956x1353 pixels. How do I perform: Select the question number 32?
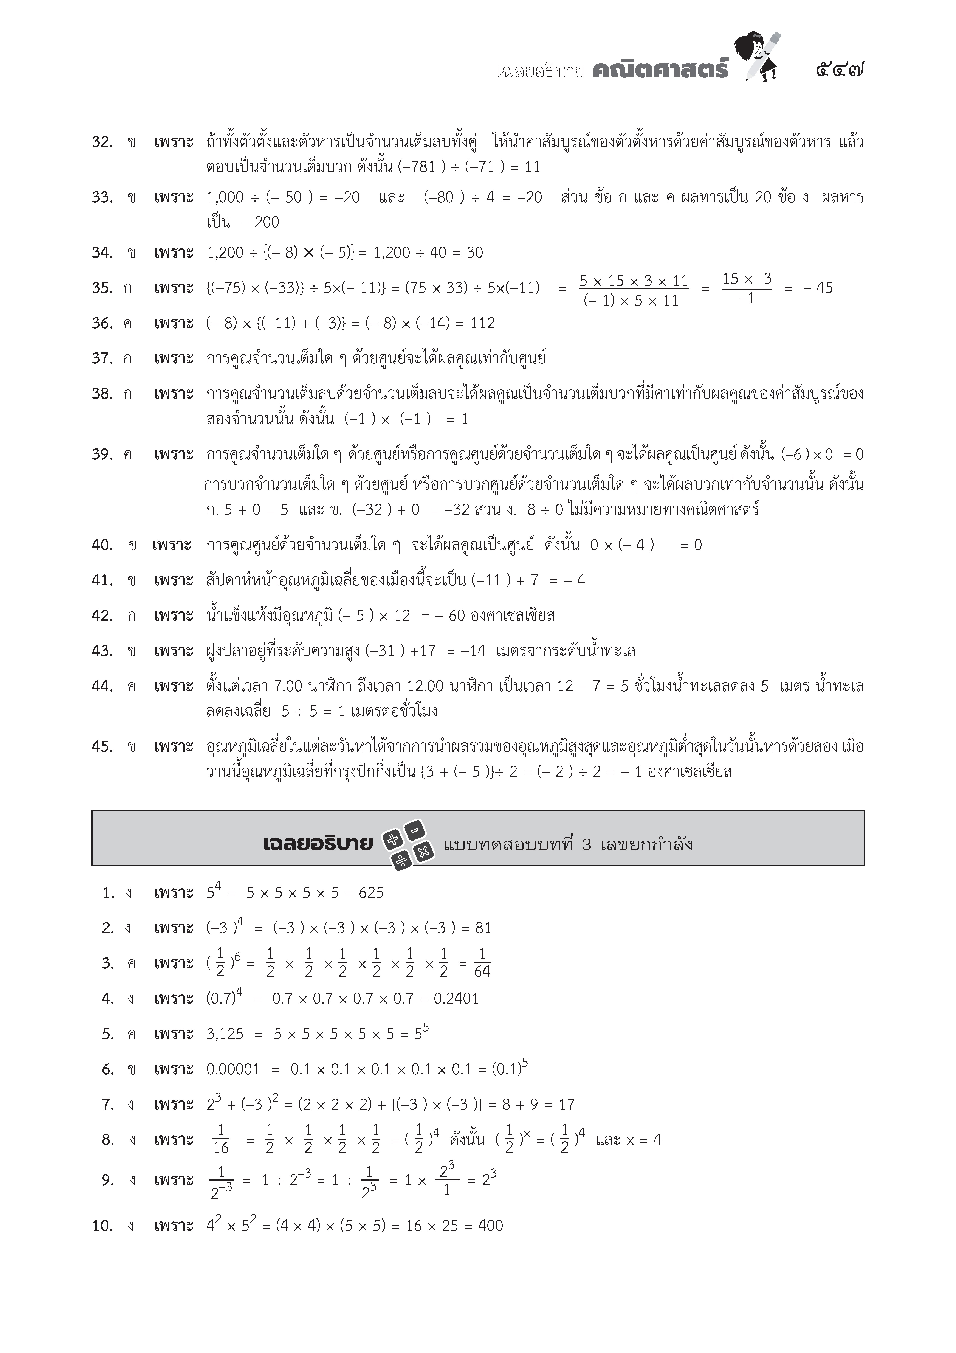(x=102, y=142)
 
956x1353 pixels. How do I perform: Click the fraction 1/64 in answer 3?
(x=482, y=963)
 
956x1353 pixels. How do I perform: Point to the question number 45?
(x=102, y=747)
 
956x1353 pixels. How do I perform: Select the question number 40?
(x=102, y=545)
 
